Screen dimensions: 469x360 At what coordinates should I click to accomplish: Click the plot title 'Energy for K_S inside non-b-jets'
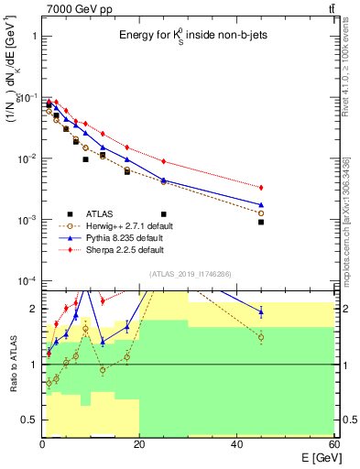(188, 35)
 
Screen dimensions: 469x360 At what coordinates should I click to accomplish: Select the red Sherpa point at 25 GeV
(164, 161)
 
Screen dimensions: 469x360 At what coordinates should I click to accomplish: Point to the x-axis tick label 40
(236, 444)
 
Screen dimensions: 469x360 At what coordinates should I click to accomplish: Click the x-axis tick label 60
(333, 444)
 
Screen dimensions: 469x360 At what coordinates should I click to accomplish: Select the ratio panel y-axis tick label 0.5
(31, 420)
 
